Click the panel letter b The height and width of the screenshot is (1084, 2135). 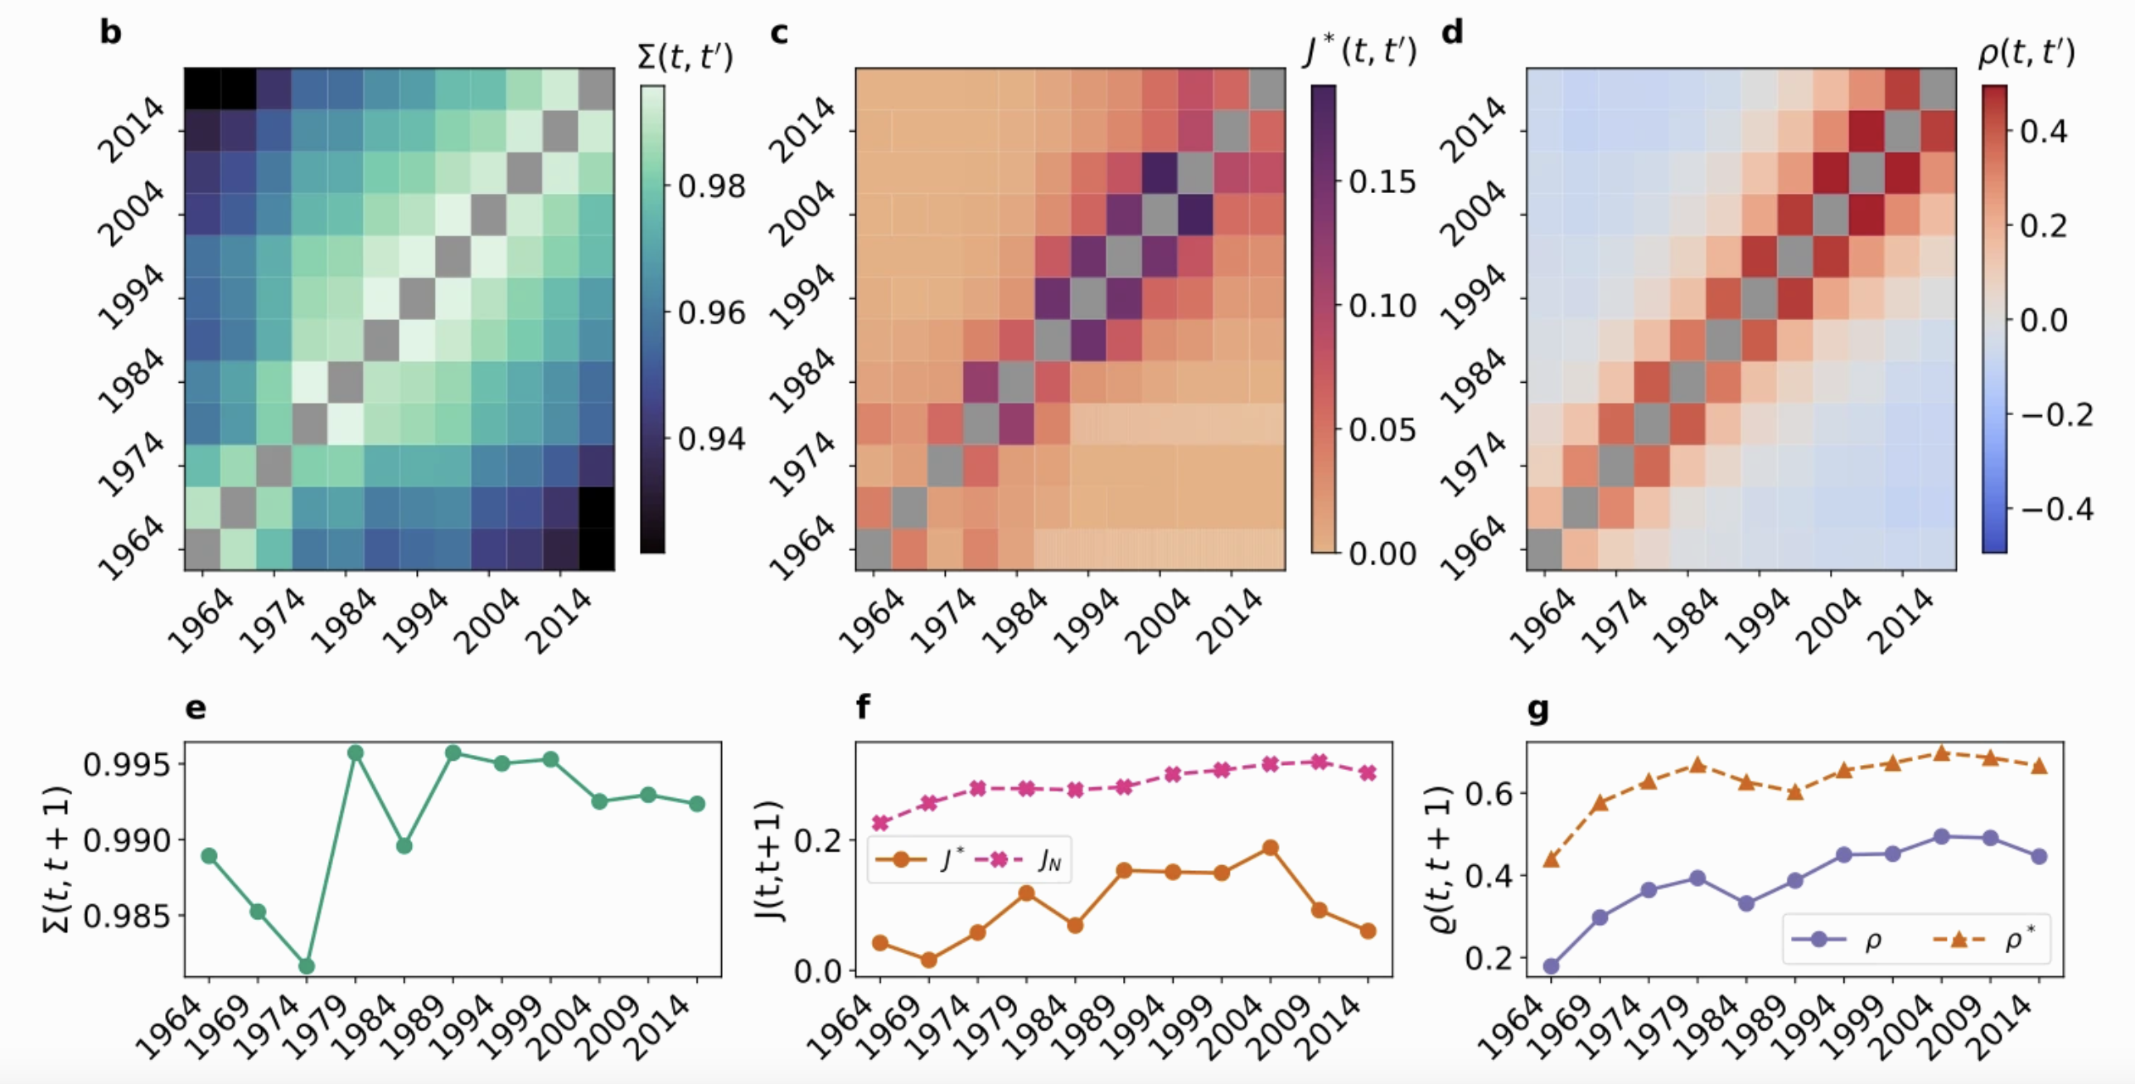pos(110,33)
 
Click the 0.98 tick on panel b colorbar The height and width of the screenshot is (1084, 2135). pos(711,186)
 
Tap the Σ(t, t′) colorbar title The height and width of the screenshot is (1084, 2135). pos(685,57)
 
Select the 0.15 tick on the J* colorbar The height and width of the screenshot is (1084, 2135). pos(1382,181)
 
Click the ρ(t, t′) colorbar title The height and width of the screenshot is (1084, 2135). pos(2026,53)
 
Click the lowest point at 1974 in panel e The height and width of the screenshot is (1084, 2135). pos(307,965)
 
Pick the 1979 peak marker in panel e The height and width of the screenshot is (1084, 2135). pos(356,753)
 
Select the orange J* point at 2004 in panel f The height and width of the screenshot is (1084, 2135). pos(1270,848)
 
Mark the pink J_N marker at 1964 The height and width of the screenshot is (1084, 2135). pos(881,823)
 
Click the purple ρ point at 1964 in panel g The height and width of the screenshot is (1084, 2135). pos(1552,965)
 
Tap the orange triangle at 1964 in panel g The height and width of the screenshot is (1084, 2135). pos(1552,859)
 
